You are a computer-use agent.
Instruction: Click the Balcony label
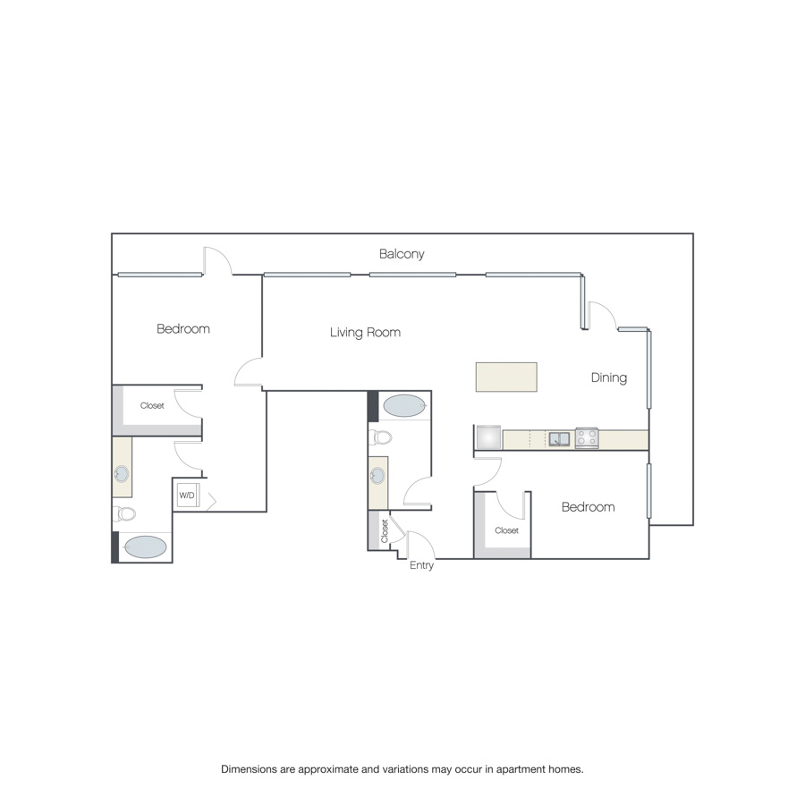[x=402, y=254]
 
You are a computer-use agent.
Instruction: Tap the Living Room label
[x=365, y=332]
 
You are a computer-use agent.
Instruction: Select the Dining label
[x=609, y=377]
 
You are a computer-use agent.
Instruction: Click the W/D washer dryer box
[x=188, y=495]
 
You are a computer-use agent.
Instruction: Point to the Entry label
[x=421, y=565]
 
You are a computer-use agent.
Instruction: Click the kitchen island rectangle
[x=506, y=377]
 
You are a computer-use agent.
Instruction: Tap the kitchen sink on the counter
[x=559, y=439]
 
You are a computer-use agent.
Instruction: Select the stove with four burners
[x=586, y=438]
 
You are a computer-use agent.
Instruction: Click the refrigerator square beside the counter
[x=488, y=436]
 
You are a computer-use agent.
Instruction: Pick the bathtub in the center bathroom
[x=404, y=405]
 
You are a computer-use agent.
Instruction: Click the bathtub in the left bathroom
[x=145, y=547]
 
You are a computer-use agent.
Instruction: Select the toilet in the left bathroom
[x=124, y=513]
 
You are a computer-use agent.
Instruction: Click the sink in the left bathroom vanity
[x=122, y=474]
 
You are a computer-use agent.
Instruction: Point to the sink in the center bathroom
[x=377, y=476]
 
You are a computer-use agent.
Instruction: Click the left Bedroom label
[x=183, y=328]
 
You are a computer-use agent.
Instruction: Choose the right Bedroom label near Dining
[x=589, y=507]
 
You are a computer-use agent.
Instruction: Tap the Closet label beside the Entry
[x=385, y=531]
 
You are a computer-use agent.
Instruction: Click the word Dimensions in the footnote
[x=249, y=769]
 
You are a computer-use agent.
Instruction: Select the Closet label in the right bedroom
[x=507, y=530]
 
